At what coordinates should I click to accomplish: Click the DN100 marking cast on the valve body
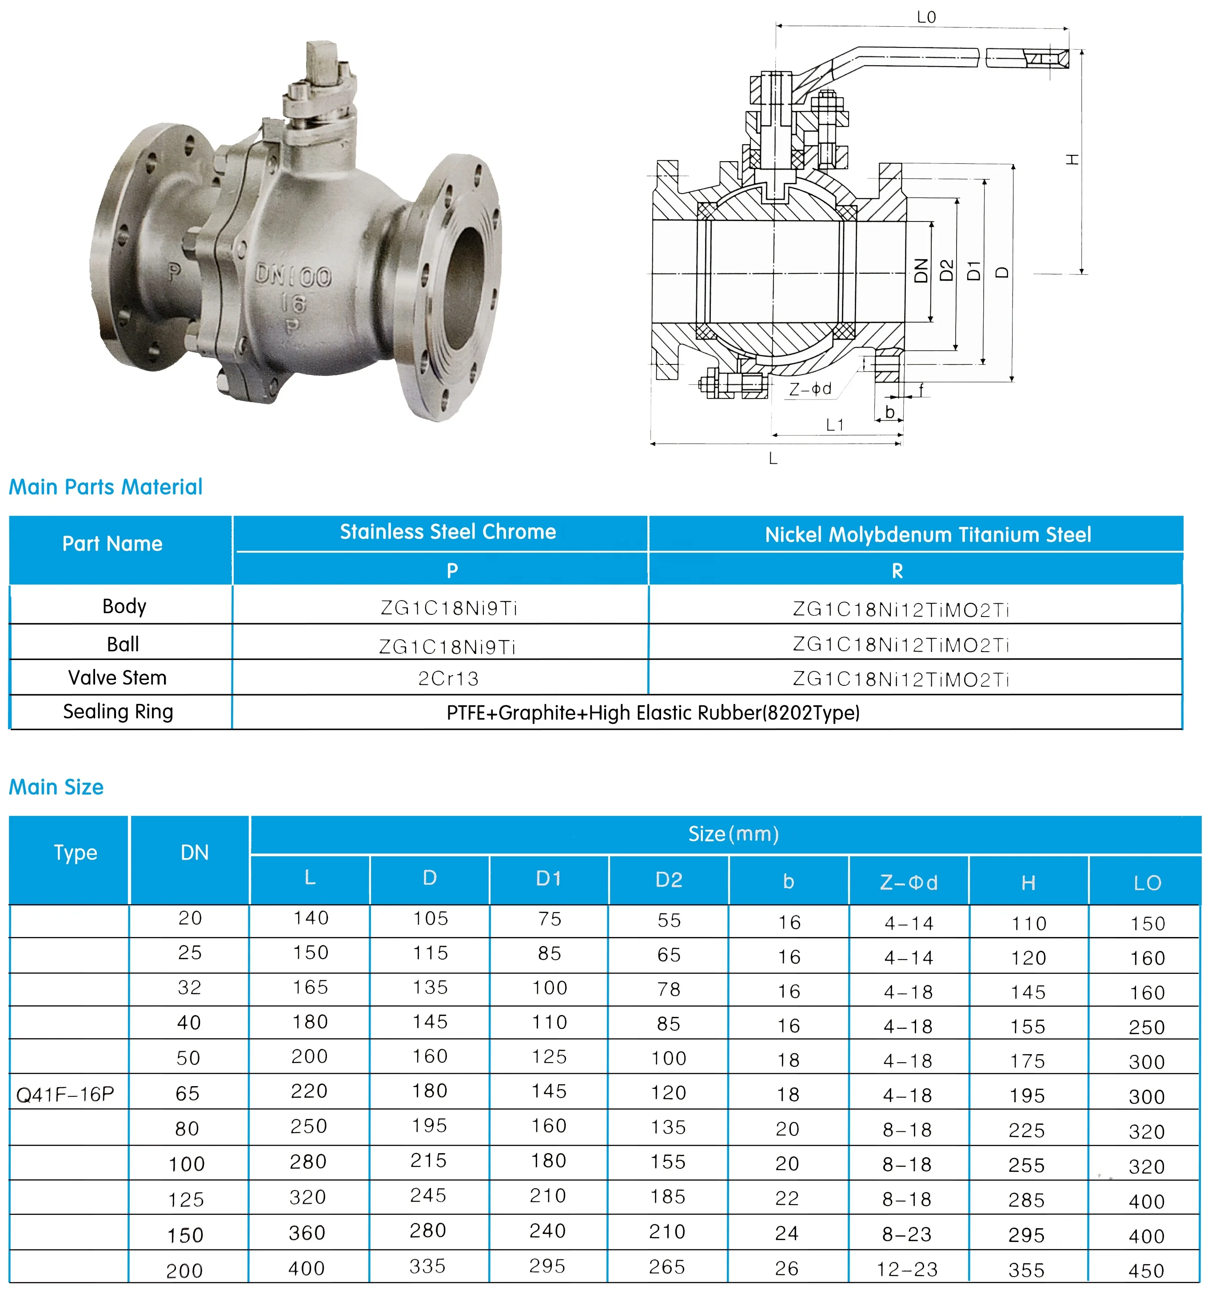click(293, 276)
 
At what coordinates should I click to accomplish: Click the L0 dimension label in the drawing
click(926, 17)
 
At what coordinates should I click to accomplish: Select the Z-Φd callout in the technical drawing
click(810, 389)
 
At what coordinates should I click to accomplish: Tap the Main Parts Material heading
click(106, 487)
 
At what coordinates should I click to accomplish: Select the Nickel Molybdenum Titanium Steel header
click(927, 535)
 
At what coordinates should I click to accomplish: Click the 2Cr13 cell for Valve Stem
click(448, 679)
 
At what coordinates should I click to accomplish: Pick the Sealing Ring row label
click(118, 712)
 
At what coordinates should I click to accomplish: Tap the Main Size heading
click(56, 787)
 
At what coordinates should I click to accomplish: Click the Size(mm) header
click(733, 834)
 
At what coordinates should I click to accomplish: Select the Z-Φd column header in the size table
click(909, 882)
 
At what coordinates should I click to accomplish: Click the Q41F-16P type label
click(65, 1095)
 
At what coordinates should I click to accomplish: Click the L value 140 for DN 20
click(311, 918)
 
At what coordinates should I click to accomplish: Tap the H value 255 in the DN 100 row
click(1026, 1166)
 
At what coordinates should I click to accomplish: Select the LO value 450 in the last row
click(1147, 1271)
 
